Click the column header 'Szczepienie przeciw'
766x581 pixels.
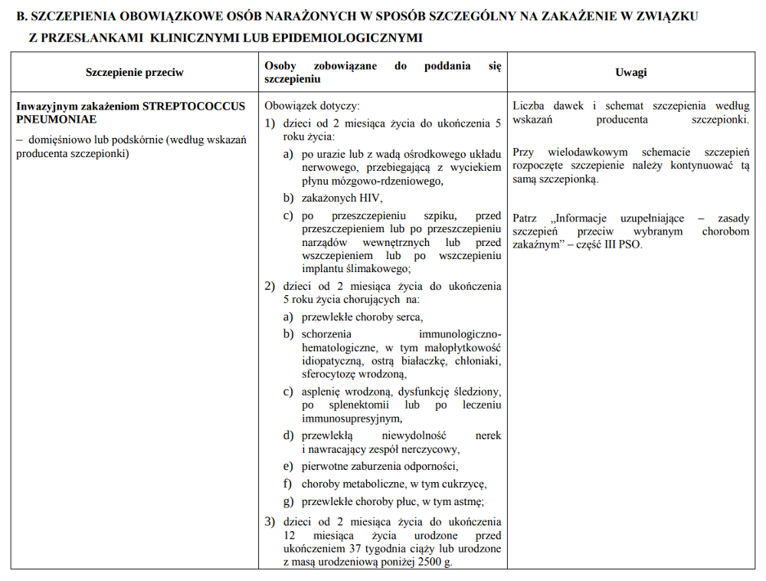(x=135, y=72)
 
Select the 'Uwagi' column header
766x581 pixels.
(x=630, y=72)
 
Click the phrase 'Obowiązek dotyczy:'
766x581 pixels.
(x=312, y=106)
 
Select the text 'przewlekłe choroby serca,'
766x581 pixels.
(x=362, y=317)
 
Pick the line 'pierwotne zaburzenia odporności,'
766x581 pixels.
(x=380, y=466)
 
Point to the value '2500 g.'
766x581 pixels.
(x=434, y=563)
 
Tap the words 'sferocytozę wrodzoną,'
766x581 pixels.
(x=355, y=374)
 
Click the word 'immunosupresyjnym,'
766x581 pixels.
(x=352, y=419)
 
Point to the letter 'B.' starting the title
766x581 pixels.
(x=21, y=16)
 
